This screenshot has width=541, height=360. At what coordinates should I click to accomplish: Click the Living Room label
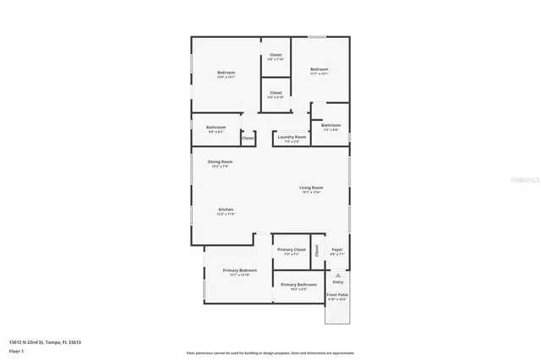311,187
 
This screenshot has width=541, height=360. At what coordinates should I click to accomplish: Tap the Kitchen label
226,210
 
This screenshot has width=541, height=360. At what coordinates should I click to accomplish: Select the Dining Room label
221,161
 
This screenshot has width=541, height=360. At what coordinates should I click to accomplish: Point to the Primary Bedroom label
239,270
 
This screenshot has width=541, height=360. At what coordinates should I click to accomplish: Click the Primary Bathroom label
298,285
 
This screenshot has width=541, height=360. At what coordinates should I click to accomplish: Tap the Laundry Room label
292,137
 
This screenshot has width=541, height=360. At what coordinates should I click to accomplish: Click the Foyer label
336,250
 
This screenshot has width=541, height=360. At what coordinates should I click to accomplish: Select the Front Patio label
337,295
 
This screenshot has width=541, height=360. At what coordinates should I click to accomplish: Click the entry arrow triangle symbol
337,275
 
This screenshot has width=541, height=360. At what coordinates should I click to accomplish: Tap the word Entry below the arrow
337,281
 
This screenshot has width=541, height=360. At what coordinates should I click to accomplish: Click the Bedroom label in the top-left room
226,73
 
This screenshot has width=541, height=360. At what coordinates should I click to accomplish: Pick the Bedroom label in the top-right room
319,69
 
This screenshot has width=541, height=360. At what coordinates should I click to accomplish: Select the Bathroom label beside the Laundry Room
331,125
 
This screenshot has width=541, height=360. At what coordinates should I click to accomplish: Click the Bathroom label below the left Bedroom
216,128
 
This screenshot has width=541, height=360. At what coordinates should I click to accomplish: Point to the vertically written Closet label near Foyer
317,250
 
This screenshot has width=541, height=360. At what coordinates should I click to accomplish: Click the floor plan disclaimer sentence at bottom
270,352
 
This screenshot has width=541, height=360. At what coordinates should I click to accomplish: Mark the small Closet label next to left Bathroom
249,137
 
